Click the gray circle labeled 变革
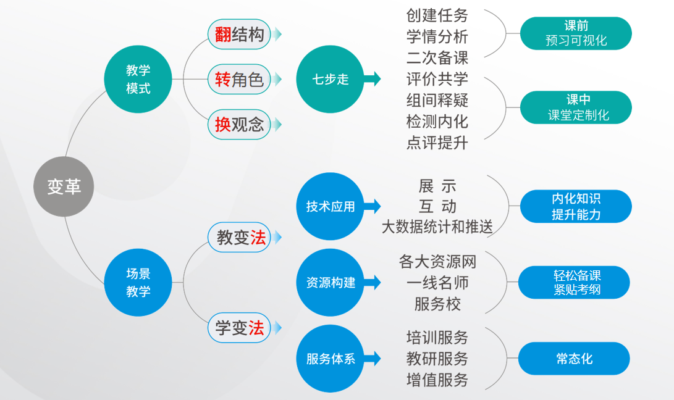tap(64, 186)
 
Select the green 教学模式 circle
tap(138, 79)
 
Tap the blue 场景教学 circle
tap(138, 282)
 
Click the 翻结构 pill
tap(239, 35)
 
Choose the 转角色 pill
tap(239, 79)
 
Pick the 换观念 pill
tap(239, 125)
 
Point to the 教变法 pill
tap(239, 237)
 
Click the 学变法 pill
tap(239, 328)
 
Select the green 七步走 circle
tap(330, 79)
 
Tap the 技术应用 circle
tap(330, 206)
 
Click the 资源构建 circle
tap(330, 282)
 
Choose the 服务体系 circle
tap(330, 358)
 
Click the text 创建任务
tap(437, 15)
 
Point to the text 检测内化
tap(437, 122)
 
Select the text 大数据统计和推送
tap(437, 227)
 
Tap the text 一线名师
tap(437, 283)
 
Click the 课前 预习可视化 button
tap(576, 33)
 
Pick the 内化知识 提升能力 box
tap(576, 206)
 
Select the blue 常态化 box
tap(575, 358)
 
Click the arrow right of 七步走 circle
tap(373, 79)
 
